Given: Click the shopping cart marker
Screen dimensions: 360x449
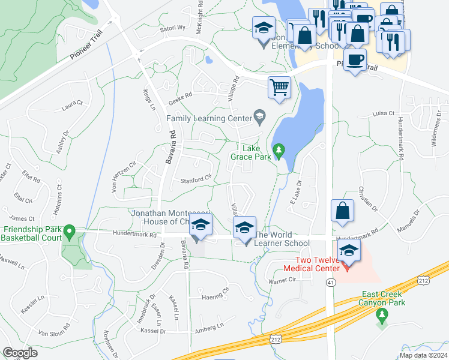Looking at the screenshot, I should (x=279, y=88).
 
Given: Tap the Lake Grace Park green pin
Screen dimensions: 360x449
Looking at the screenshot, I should (x=279, y=150).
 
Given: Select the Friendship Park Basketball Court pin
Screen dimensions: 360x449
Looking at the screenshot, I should (x=69, y=231).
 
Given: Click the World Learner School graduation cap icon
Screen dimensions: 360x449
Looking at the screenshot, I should (x=244, y=228).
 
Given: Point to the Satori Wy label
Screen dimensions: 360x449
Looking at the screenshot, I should (x=173, y=28).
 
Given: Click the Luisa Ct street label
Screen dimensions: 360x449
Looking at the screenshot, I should (x=383, y=113).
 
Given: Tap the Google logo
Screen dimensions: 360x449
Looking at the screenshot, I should (x=20, y=353).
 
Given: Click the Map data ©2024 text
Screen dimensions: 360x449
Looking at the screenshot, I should (x=423, y=355).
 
